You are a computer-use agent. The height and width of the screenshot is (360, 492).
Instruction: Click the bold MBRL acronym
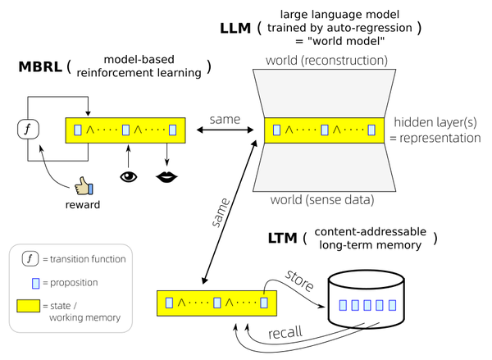[x=42, y=66]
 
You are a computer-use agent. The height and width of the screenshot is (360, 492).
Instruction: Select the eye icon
[x=129, y=175]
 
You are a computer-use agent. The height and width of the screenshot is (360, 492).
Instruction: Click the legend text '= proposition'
[x=71, y=283]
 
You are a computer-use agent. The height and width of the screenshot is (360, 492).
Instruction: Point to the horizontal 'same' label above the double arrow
[x=225, y=119]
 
